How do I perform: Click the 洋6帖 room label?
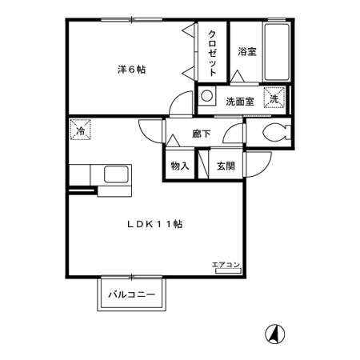132,70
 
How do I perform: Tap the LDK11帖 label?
155,224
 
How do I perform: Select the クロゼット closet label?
212,54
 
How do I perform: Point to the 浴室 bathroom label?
247,51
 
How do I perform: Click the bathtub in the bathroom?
276,53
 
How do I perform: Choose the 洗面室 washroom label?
240,102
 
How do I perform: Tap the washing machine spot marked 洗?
274,98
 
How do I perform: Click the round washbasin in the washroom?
206,96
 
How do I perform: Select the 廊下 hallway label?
202,134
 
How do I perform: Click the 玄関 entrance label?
226,166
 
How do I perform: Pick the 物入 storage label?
180,166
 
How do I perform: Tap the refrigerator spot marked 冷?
80,130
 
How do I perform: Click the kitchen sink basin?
116,174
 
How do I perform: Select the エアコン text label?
226,265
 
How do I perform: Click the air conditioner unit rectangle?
229,271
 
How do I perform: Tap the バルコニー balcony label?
132,295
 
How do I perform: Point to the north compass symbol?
275,334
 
